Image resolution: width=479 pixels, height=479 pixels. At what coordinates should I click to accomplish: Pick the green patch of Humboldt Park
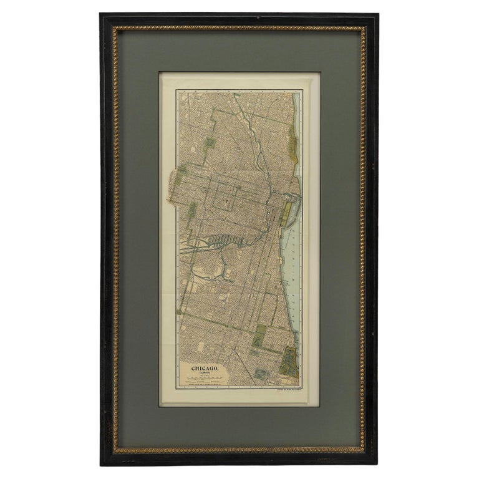(210, 143)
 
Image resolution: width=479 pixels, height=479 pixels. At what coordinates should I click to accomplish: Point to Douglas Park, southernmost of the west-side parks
(192, 210)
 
